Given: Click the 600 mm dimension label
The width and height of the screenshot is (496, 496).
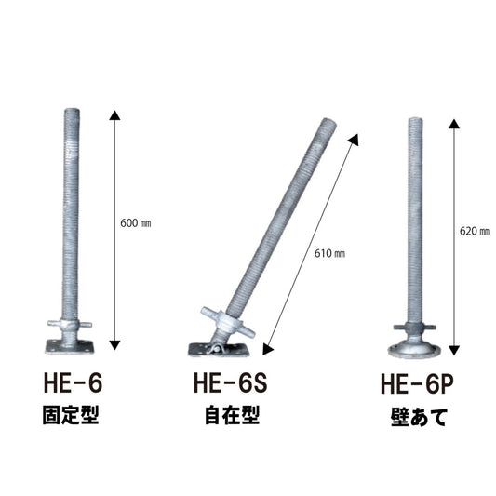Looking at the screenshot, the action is pyautogui.click(x=135, y=223).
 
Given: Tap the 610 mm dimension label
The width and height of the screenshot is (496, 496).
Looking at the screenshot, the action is pyautogui.click(x=329, y=253).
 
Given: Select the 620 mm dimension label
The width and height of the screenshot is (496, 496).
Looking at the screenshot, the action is pyautogui.click(x=475, y=231).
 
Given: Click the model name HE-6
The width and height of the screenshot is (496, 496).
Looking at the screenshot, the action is pyautogui.click(x=73, y=382).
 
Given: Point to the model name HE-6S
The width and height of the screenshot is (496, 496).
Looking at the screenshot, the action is pyautogui.click(x=230, y=382).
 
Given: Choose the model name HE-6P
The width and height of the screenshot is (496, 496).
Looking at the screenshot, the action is pyautogui.click(x=417, y=383).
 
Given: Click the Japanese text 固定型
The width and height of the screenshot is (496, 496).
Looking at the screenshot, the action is pyautogui.click(x=71, y=415).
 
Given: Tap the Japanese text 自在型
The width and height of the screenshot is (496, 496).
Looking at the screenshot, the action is pyautogui.click(x=232, y=415).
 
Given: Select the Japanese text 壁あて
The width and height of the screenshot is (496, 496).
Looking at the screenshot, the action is pyautogui.click(x=419, y=417).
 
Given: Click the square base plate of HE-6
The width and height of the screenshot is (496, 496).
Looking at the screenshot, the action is pyautogui.click(x=70, y=346).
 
